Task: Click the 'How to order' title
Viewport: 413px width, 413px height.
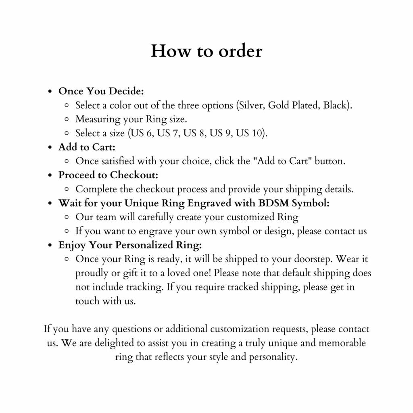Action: click(x=206, y=51)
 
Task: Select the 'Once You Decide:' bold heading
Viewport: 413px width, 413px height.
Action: click(x=101, y=91)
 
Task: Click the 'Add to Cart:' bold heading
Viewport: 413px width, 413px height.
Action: click(x=87, y=147)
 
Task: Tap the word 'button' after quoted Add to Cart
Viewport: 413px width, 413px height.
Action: click(x=330, y=161)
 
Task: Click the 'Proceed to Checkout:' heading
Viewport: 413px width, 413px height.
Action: click(x=108, y=175)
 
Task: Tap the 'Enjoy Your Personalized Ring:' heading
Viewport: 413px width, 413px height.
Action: click(x=130, y=245)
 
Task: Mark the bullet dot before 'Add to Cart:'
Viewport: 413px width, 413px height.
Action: click(x=50, y=148)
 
